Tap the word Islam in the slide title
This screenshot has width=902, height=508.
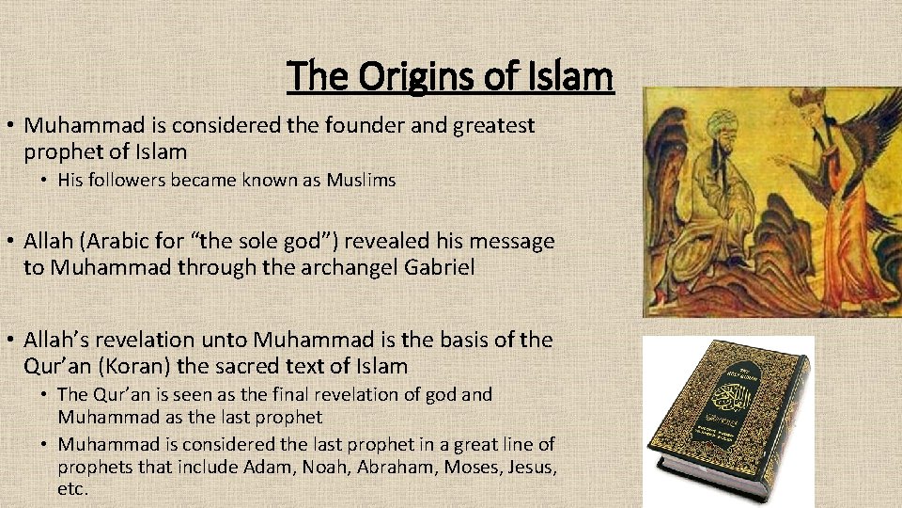(x=568, y=76)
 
